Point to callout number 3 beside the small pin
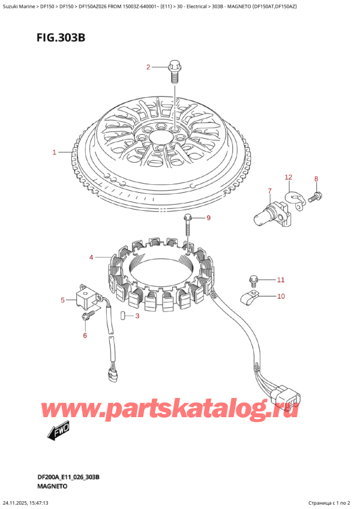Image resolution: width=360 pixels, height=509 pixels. click(x=137, y=316)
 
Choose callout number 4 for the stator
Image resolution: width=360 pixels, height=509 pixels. click(x=91, y=258)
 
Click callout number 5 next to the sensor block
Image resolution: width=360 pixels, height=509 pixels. click(x=62, y=300)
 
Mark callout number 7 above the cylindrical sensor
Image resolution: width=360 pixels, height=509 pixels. click(x=269, y=191)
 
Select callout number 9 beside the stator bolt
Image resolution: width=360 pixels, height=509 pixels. click(x=209, y=217)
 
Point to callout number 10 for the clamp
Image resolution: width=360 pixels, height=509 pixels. click(x=281, y=296)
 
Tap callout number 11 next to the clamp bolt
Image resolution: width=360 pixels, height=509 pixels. click(x=280, y=280)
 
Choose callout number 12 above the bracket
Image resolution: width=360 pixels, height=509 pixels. click(x=288, y=177)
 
